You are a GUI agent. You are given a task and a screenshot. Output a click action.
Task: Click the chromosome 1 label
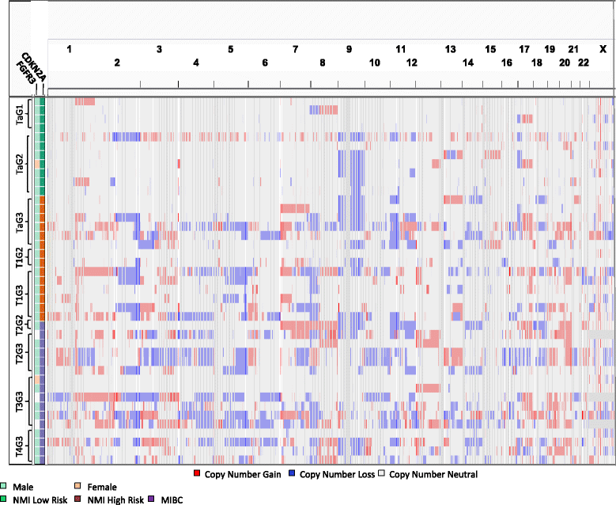click(70, 49)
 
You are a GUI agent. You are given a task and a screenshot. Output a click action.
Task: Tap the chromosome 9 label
click(349, 49)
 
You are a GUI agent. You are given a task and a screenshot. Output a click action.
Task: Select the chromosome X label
click(603, 49)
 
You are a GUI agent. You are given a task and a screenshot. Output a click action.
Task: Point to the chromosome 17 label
click(524, 49)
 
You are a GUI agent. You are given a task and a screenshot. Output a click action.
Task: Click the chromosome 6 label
click(265, 63)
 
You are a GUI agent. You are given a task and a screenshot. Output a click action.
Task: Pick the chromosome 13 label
click(451, 49)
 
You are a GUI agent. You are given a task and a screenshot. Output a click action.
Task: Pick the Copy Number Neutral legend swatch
click(385, 475)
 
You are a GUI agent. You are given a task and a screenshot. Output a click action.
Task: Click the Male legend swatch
click(4, 487)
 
